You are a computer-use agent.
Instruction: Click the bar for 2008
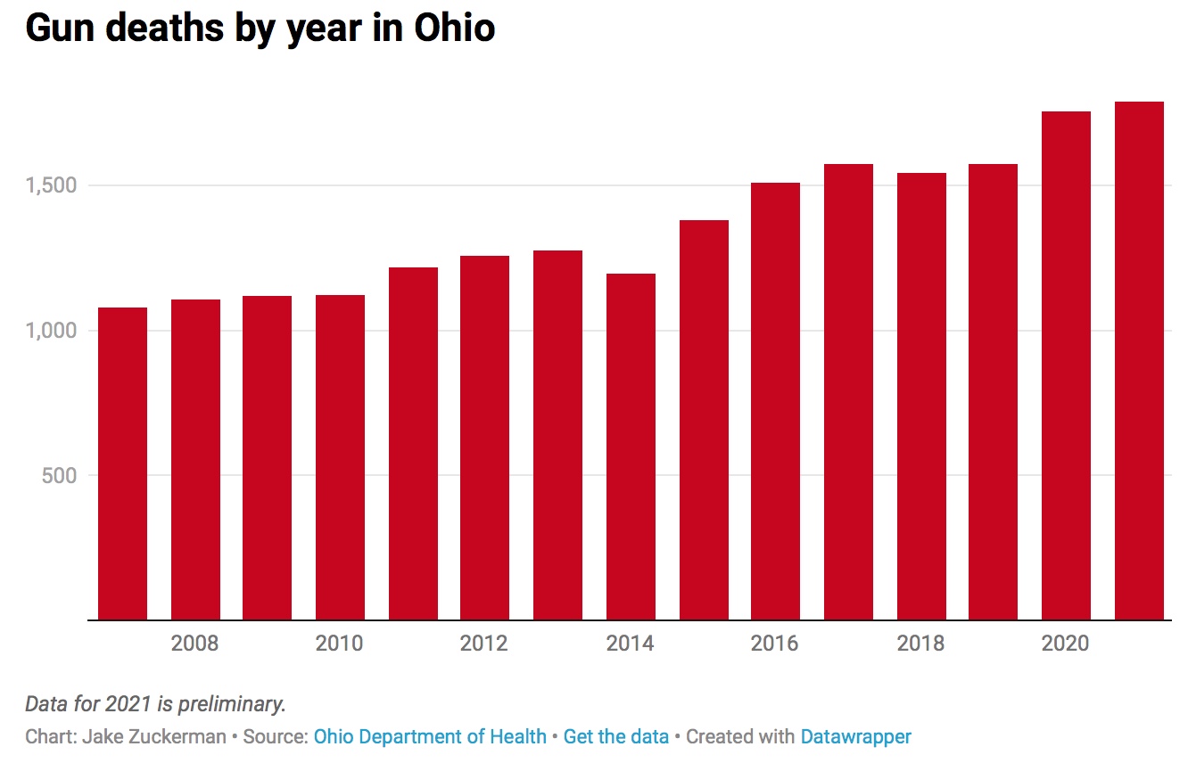pos(195,459)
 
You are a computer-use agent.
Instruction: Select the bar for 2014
pos(631,447)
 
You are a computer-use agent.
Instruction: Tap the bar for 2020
pos(1066,365)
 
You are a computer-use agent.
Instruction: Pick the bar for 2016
pos(775,401)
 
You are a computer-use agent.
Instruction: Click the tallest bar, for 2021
pos(1139,361)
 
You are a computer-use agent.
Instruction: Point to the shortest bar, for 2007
pos(122,464)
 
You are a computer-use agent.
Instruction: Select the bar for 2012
pos(485,438)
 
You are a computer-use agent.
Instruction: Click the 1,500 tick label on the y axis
pos(51,185)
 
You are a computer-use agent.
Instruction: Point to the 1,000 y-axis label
pos(51,331)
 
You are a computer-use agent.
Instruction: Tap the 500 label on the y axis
pos(60,475)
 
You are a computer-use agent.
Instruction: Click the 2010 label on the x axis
pos(340,644)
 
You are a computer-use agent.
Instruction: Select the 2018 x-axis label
pos(920,644)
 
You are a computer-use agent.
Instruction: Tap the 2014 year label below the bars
pos(630,644)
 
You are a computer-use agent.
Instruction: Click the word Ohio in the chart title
pos(455,28)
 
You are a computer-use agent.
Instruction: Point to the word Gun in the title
pos(60,29)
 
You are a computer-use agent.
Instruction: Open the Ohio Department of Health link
pos(430,736)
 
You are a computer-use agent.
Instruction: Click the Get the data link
pos(615,736)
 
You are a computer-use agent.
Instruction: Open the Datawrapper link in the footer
pos(856,737)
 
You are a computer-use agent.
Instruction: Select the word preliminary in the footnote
pos(232,704)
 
